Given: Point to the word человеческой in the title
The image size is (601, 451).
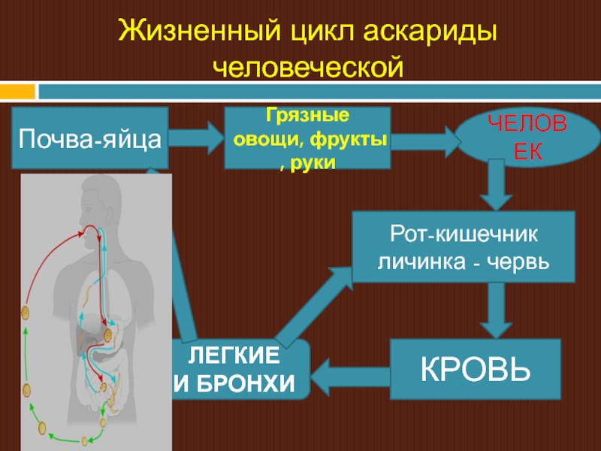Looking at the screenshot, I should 308,67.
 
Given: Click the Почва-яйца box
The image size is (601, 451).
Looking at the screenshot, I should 89,138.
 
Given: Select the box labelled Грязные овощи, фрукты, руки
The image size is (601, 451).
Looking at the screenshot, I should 307,138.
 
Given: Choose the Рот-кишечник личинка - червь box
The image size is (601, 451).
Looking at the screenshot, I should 464,247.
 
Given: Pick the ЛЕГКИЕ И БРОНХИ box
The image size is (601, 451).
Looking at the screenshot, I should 240,369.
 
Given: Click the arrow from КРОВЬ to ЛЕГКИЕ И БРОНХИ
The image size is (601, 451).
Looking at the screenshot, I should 349,369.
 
